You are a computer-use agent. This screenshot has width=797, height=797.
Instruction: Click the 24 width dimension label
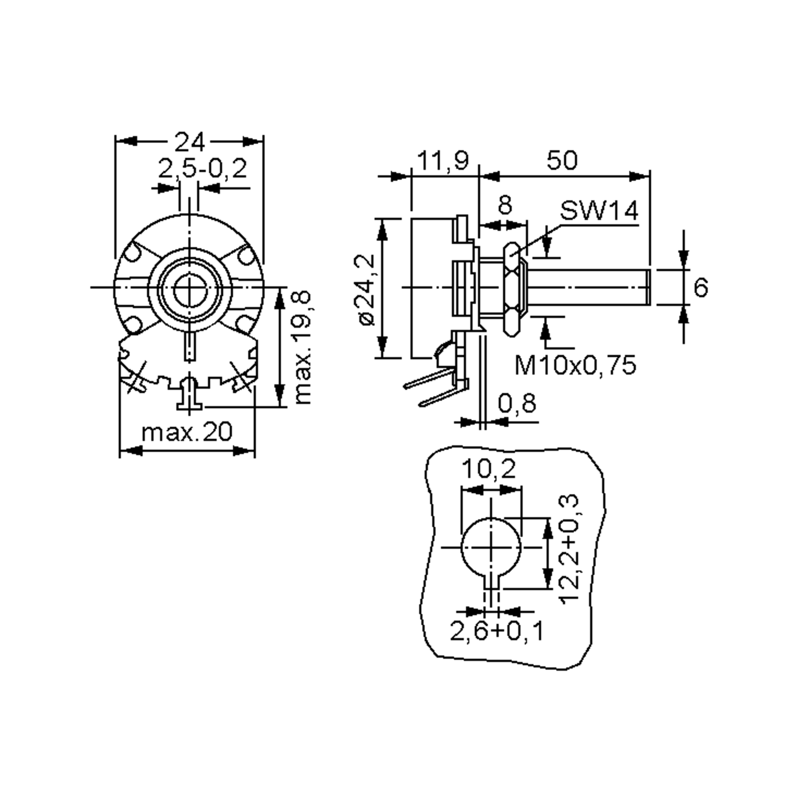[189, 143]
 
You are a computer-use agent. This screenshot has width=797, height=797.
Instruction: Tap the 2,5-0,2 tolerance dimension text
[203, 169]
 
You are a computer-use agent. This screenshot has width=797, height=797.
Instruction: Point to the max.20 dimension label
[187, 432]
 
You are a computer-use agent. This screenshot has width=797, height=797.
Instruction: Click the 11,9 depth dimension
[443, 160]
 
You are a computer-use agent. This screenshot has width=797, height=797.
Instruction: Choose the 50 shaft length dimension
[562, 160]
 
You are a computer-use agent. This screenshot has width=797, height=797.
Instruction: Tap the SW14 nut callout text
[598, 211]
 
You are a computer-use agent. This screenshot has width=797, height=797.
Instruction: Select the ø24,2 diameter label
[366, 290]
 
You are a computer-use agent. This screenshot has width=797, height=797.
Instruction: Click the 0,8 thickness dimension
[517, 403]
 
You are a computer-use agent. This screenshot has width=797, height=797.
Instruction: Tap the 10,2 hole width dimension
[488, 469]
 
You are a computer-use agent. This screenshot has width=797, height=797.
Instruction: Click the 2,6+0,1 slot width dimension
[496, 631]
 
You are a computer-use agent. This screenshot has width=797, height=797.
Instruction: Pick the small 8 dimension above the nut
[505, 205]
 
